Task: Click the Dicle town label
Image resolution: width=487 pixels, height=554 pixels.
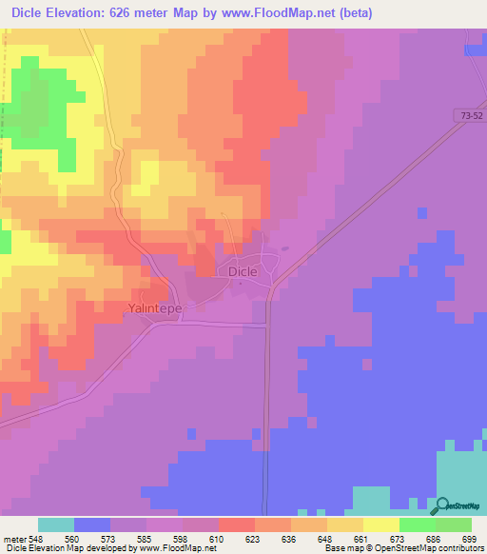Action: click(x=243, y=271)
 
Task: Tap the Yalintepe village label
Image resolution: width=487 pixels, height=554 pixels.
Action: click(x=154, y=308)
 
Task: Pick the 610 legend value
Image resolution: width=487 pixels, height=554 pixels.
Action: click(x=217, y=538)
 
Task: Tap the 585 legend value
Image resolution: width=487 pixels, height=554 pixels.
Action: click(x=146, y=538)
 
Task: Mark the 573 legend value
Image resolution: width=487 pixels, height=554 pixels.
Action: click(x=108, y=538)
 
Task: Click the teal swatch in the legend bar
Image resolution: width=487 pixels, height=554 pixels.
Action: click(x=56, y=524)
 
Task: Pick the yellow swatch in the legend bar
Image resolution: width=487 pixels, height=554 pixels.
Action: click(x=380, y=524)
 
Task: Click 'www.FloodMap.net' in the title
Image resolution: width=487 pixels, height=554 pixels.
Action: click(x=285, y=13)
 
